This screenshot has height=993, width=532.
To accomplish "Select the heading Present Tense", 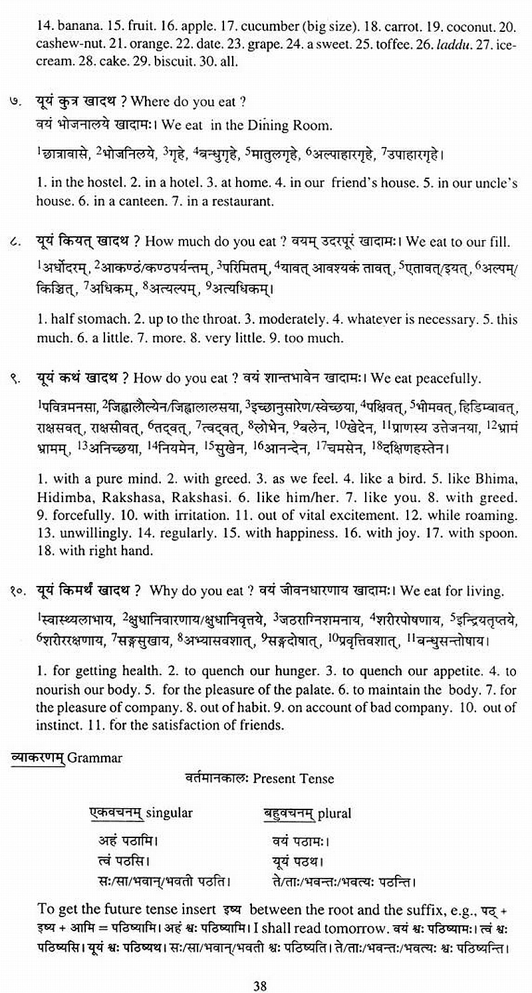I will tap(293, 778).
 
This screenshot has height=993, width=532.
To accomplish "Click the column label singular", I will tap(169, 813).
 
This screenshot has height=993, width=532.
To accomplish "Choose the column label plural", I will tap(334, 813).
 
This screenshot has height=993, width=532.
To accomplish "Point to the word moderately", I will tap(259, 319).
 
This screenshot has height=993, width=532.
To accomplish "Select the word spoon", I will tap(501, 533).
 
